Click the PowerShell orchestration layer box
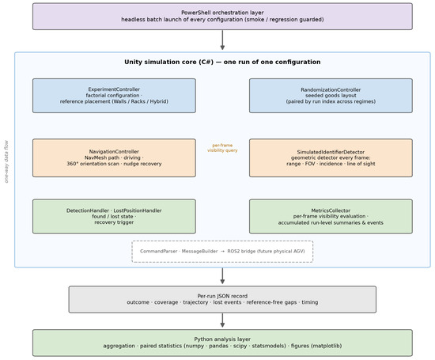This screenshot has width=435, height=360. pos(222,17)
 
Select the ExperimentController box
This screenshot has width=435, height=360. pos(114,96)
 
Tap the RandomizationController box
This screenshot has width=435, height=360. pos(331,96)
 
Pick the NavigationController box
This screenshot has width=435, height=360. pos(114,157)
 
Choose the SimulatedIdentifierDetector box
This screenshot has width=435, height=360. pos(331,157)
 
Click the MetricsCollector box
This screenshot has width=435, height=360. pos(331,216)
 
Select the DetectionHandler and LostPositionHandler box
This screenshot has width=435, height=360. pos(114,216)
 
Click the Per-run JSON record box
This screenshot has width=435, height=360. pos(222,299)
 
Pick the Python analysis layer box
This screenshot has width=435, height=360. pos(222,343)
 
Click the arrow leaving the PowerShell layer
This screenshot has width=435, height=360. pos(222,40)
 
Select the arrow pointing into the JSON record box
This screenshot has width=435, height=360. pos(222,276)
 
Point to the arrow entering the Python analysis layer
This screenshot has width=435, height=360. pos(222,320)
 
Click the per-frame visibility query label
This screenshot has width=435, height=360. pos(222,148)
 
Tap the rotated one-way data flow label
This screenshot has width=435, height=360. pos(6,161)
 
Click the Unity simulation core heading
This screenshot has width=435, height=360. pos(222,62)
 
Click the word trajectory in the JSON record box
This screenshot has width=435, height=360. pos(195,302)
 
